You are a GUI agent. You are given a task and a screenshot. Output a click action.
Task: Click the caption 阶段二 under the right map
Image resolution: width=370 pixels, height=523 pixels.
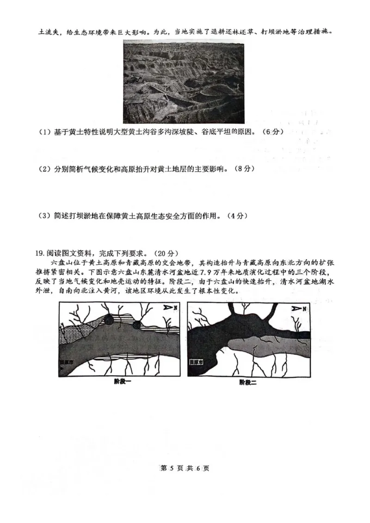tap(248, 382)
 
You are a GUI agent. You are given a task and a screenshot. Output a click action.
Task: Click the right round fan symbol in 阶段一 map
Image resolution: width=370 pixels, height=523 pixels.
tap(137, 325)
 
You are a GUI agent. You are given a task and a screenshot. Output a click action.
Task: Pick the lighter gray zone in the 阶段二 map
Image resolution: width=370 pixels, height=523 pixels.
tap(259, 344)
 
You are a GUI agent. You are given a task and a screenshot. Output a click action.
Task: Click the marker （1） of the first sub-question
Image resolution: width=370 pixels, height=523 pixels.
tap(44, 132)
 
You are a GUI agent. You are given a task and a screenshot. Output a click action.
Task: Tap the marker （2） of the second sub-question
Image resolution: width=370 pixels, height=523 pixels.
tap(44, 170)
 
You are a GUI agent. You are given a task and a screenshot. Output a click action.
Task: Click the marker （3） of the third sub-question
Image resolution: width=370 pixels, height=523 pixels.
tap(44, 216)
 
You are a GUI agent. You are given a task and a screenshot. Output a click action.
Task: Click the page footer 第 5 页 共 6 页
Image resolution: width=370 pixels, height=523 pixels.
tap(185, 468)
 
